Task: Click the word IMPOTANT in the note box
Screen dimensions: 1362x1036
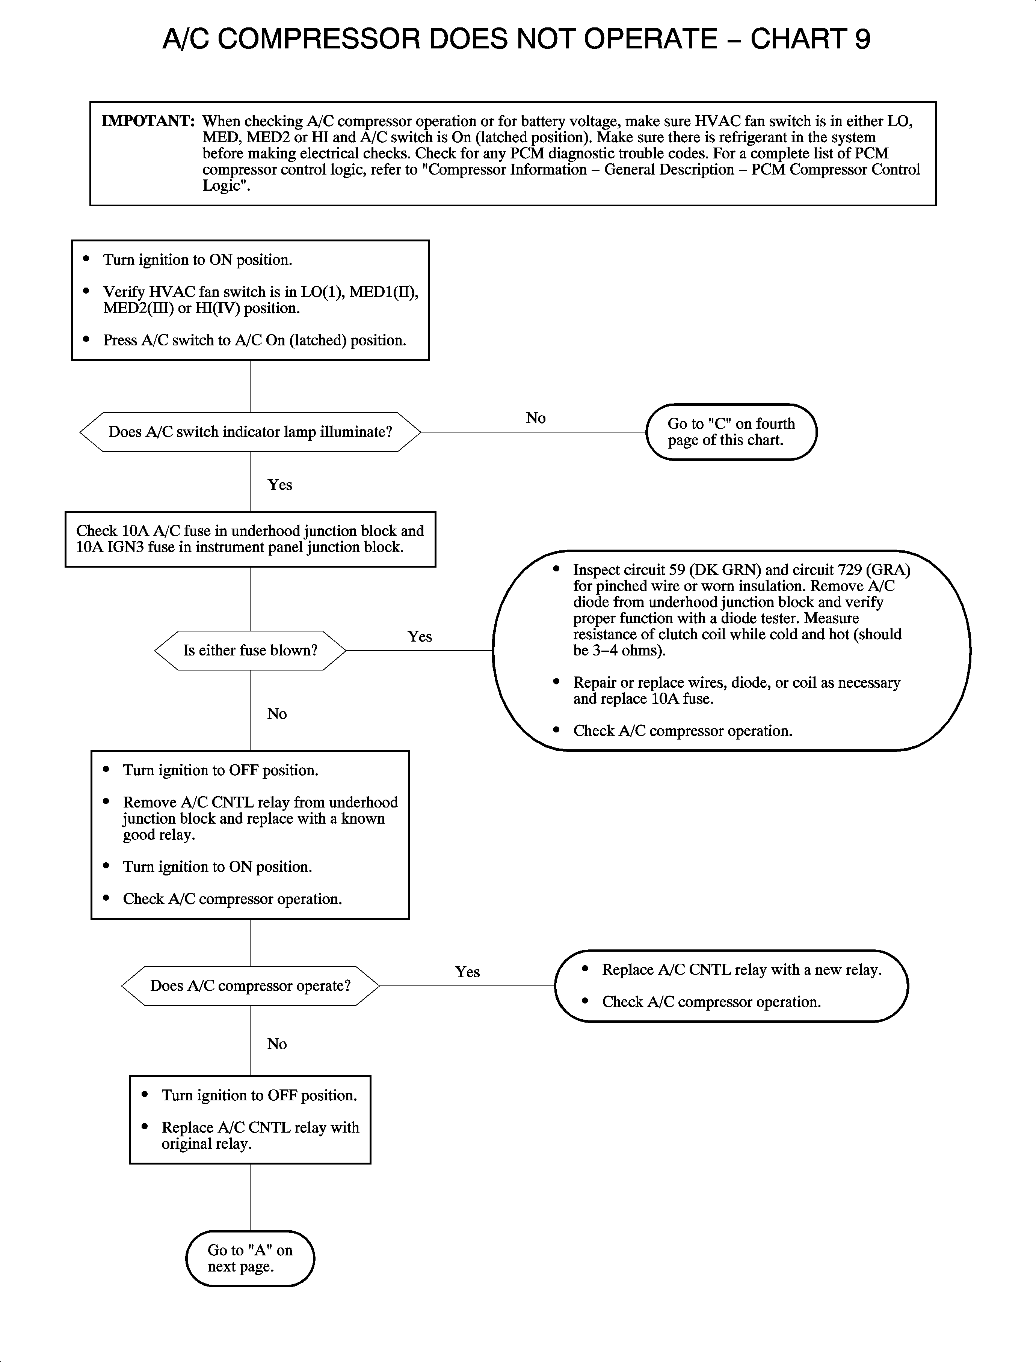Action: (148, 121)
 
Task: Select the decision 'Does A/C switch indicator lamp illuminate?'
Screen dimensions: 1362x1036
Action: (251, 432)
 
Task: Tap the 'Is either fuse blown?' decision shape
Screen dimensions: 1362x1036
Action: (251, 650)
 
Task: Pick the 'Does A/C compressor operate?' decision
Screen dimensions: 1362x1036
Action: (251, 985)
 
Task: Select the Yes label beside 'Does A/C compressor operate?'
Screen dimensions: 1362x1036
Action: (467, 972)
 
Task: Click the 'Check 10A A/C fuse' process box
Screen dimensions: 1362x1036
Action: (251, 539)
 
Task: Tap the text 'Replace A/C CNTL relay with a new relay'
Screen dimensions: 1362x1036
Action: (741, 969)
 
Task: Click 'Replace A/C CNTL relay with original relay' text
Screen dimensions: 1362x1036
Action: (260, 1135)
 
